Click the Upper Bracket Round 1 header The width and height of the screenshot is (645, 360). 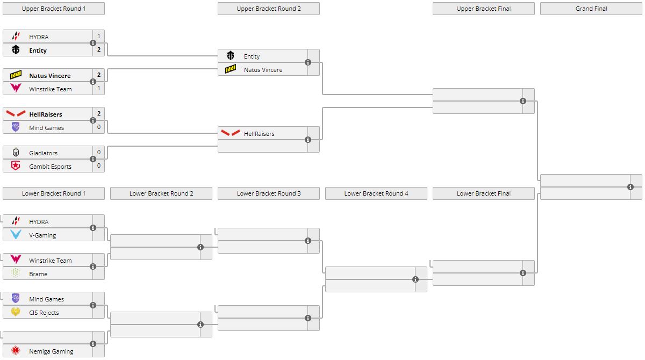click(54, 9)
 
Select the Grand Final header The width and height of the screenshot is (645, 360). click(591, 9)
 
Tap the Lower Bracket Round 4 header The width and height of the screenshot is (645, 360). click(376, 193)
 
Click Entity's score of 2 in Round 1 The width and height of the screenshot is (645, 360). click(99, 50)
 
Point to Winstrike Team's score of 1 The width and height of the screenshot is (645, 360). click(99, 88)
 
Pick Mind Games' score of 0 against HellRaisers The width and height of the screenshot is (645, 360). click(99, 127)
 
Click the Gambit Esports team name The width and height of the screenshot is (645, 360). click(50, 167)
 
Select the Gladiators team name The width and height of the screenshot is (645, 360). click(43, 153)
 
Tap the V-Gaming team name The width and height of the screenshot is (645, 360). click(42, 235)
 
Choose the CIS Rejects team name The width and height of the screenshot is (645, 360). click(44, 313)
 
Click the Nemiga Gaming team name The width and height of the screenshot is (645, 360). click(51, 351)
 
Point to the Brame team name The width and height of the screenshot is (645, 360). click(38, 274)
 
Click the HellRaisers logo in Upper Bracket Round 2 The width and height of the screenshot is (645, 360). click(231, 133)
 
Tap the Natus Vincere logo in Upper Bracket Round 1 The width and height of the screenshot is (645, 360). click(16, 75)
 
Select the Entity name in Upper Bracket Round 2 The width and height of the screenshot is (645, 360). click(252, 56)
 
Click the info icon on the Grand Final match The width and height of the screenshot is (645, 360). click(630, 187)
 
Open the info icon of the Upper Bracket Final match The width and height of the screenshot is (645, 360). click(523, 101)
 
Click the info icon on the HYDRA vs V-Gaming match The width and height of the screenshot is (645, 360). click(93, 228)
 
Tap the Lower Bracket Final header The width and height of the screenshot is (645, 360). click(484, 193)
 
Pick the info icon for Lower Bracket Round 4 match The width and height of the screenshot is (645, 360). click(415, 279)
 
